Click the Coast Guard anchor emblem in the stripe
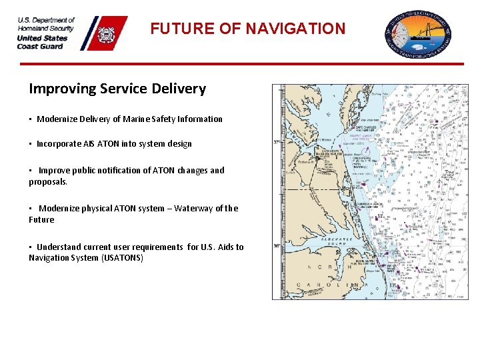coord(107,34)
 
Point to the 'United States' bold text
coord(42,38)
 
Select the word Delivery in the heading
coord(178,89)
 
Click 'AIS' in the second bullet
coord(89,144)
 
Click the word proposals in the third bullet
coord(48,181)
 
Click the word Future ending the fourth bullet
coord(41,219)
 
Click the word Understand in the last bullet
coord(57,247)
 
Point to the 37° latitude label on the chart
coord(277,142)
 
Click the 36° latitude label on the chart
coord(277,245)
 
